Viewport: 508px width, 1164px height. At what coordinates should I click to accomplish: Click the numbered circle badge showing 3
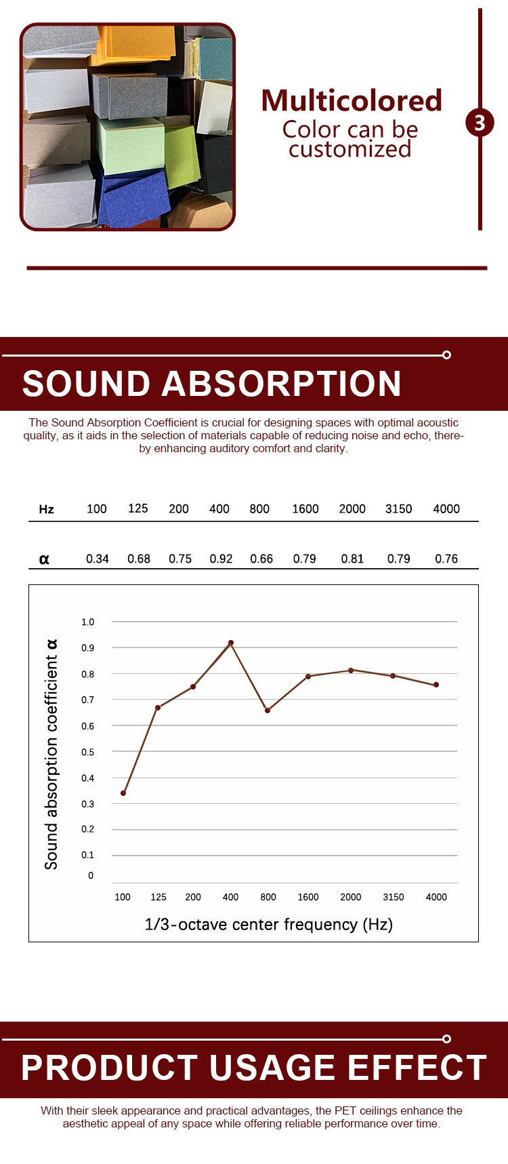pyautogui.click(x=480, y=123)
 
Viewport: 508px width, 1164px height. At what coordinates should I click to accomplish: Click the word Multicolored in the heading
pyautogui.click(x=352, y=101)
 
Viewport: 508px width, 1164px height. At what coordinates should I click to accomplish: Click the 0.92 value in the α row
pyautogui.click(x=221, y=559)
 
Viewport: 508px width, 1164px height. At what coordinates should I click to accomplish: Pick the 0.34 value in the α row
pyautogui.click(x=98, y=559)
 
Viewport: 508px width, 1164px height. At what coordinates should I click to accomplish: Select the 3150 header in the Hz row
pyautogui.click(x=398, y=509)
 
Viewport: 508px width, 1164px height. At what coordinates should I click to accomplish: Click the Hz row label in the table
pyautogui.click(x=46, y=509)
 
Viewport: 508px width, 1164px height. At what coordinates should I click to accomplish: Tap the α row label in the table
pyautogui.click(x=44, y=559)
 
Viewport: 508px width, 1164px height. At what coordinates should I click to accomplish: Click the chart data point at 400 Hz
pyautogui.click(x=231, y=643)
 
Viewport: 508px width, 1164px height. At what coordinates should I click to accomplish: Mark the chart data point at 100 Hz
pyautogui.click(x=123, y=793)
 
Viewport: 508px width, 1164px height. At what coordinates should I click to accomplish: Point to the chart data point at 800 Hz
pyautogui.click(x=268, y=710)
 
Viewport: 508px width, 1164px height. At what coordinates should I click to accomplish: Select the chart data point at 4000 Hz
pyautogui.click(x=436, y=685)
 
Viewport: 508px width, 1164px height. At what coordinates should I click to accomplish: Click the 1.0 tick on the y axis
pyautogui.click(x=88, y=622)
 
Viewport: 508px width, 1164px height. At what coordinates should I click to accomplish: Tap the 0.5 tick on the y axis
pyautogui.click(x=88, y=752)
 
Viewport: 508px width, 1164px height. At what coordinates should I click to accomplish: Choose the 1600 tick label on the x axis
pyautogui.click(x=308, y=897)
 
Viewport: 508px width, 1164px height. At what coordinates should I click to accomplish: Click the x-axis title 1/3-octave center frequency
pyautogui.click(x=268, y=924)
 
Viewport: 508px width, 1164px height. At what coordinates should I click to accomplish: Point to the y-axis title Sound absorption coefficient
pyautogui.click(x=51, y=754)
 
